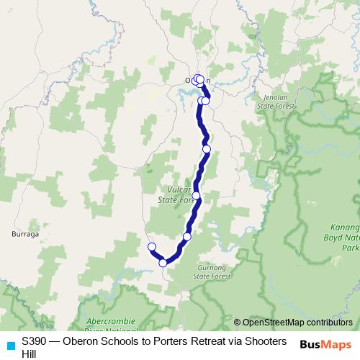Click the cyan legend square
(x=10, y=345)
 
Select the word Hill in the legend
(x=30, y=354)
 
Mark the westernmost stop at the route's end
(x=151, y=248)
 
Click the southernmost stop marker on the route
(x=163, y=263)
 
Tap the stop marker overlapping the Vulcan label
(x=196, y=196)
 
